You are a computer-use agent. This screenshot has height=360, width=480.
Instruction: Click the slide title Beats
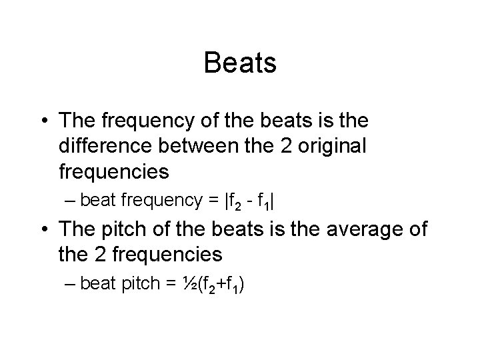[240, 63]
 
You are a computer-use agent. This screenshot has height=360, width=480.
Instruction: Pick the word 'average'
[353, 230]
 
